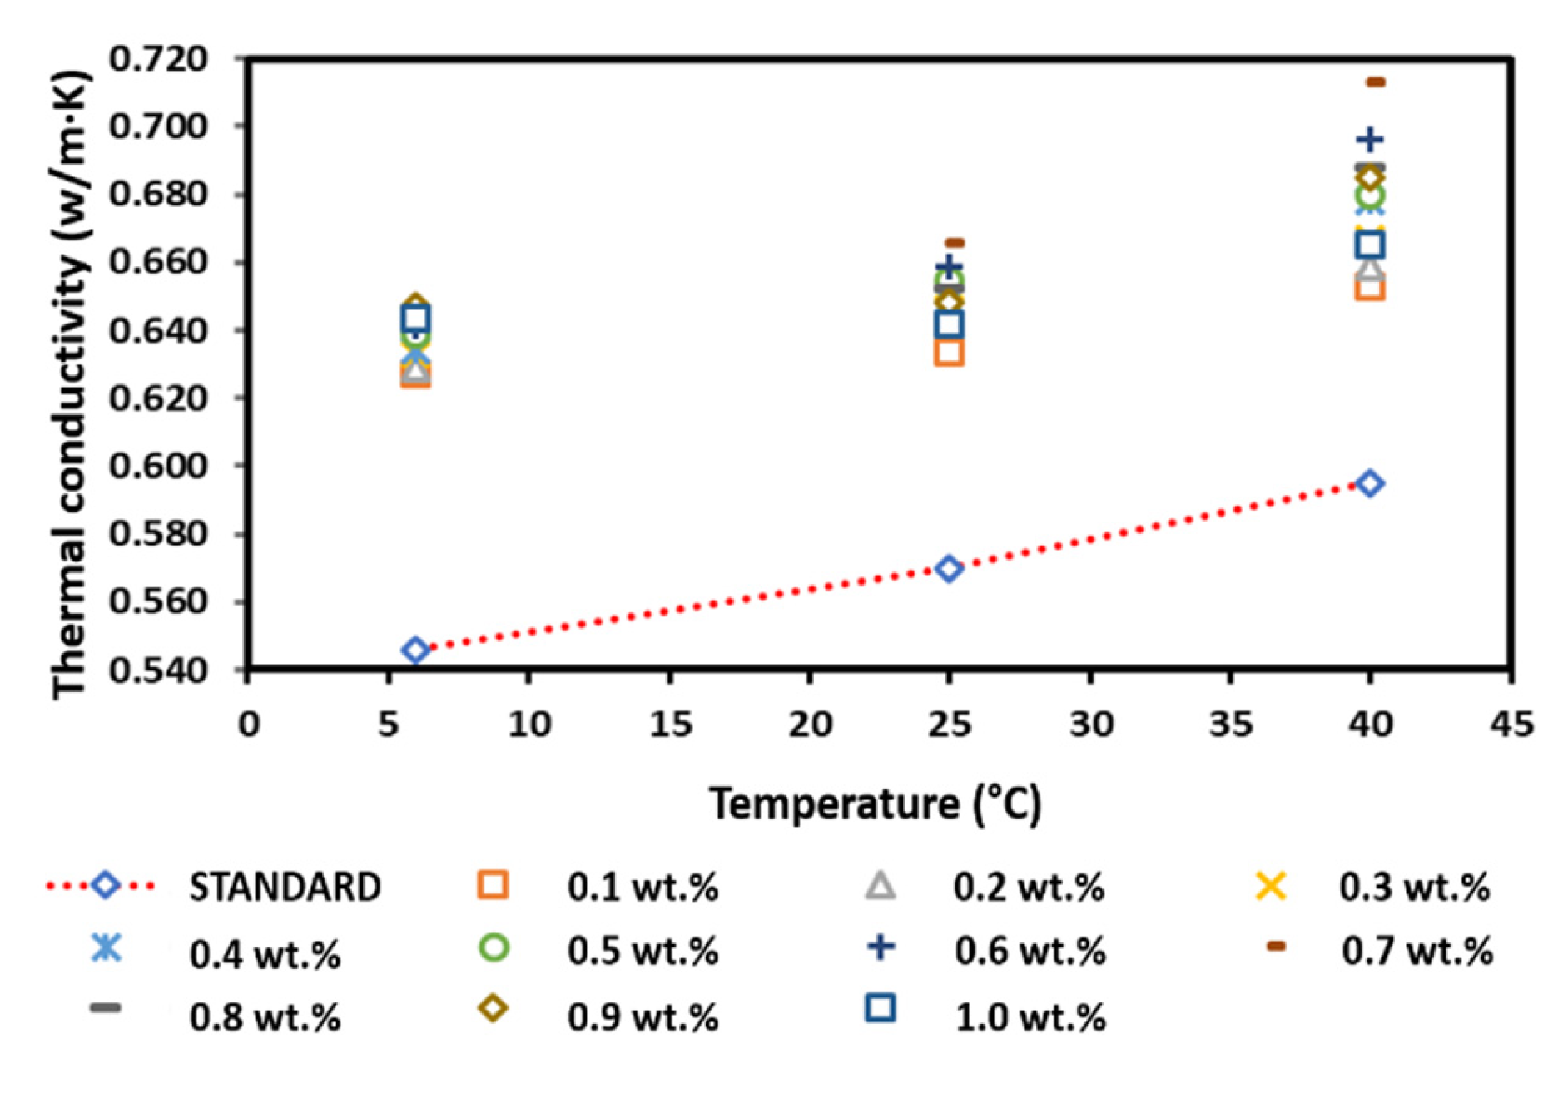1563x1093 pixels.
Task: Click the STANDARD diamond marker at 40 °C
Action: coord(1370,483)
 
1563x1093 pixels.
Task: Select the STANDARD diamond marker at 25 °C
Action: coord(949,569)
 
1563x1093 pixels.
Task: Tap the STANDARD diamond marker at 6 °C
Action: coord(416,650)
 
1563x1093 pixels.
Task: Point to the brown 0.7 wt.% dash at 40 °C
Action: coord(1375,82)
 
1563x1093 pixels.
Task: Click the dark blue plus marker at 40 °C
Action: coord(1370,140)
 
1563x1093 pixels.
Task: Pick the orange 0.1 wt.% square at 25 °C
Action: coord(949,352)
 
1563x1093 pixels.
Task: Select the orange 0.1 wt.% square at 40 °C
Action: coord(1370,288)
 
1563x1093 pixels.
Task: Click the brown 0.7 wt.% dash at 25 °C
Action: coord(955,243)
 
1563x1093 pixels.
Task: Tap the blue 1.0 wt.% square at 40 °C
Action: coord(1370,245)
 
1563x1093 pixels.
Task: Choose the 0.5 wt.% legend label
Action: coord(643,952)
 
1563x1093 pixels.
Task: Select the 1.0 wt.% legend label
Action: coord(1030,1017)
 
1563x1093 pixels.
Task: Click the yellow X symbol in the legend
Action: coord(1270,886)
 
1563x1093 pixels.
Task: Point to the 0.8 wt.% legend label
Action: coord(265,1017)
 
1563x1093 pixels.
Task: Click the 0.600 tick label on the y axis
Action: coord(158,465)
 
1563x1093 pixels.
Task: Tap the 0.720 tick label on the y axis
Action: coord(158,59)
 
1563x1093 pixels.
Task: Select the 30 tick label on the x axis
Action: coord(1091,725)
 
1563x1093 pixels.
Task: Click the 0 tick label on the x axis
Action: coord(248,725)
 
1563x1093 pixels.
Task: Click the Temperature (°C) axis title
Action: coord(874,804)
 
